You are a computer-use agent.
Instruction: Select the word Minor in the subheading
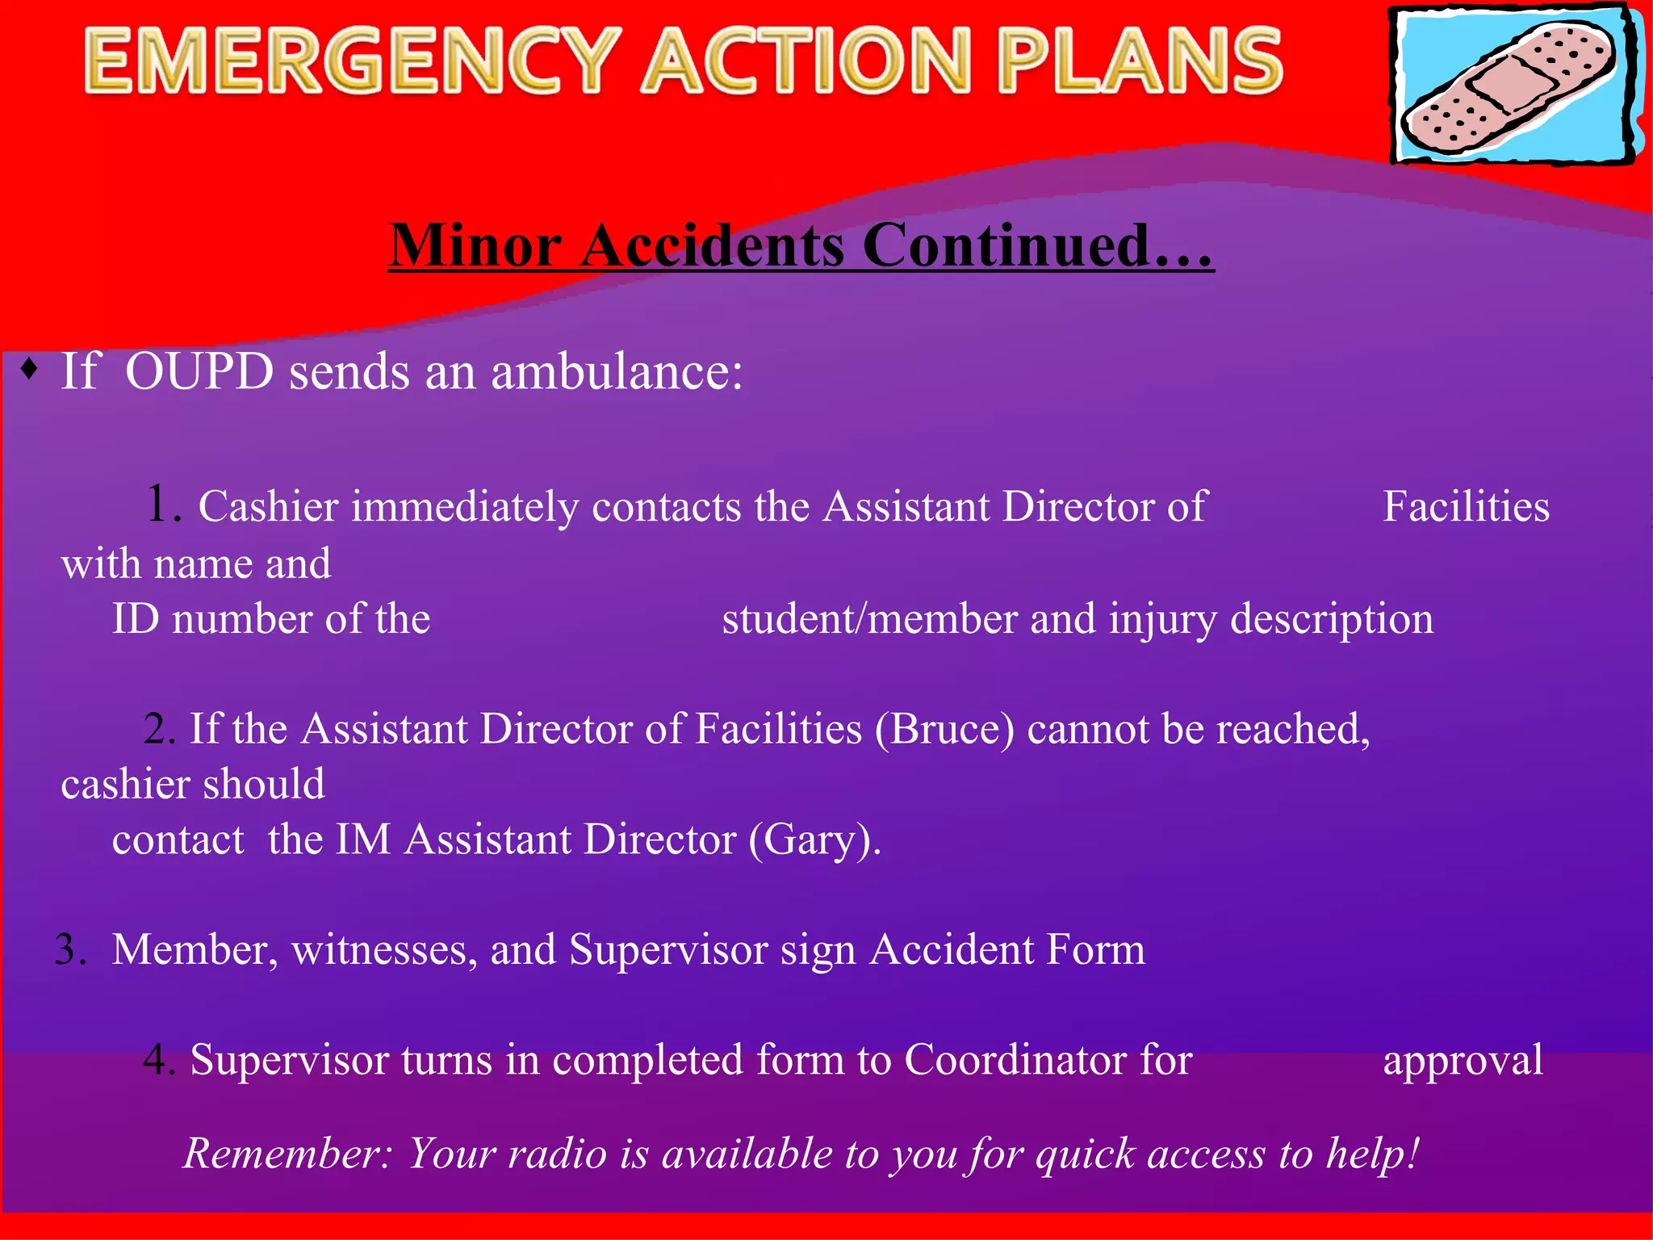click(x=475, y=245)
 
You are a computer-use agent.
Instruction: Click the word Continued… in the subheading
click(x=1038, y=245)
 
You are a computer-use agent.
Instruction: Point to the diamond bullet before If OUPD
click(x=30, y=369)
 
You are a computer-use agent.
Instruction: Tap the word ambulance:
click(x=617, y=372)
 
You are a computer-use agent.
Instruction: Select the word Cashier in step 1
click(x=267, y=508)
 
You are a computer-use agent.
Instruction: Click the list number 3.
click(x=69, y=950)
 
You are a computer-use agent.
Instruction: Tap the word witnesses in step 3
click(x=379, y=950)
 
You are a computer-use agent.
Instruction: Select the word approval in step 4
click(x=1463, y=1060)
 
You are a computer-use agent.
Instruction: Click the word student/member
click(x=868, y=620)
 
